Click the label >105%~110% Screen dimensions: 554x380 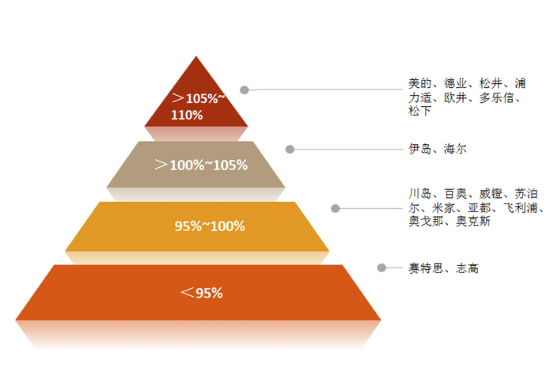(x=199, y=107)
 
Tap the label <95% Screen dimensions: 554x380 (x=201, y=293)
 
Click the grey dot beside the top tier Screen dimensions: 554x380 (x=245, y=90)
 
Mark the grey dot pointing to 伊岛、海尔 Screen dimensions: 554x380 (x=290, y=149)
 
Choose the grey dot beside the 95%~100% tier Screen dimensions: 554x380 (x=336, y=208)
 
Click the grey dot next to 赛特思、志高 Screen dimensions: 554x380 (x=381, y=268)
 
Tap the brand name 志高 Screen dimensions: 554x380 (x=467, y=269)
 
